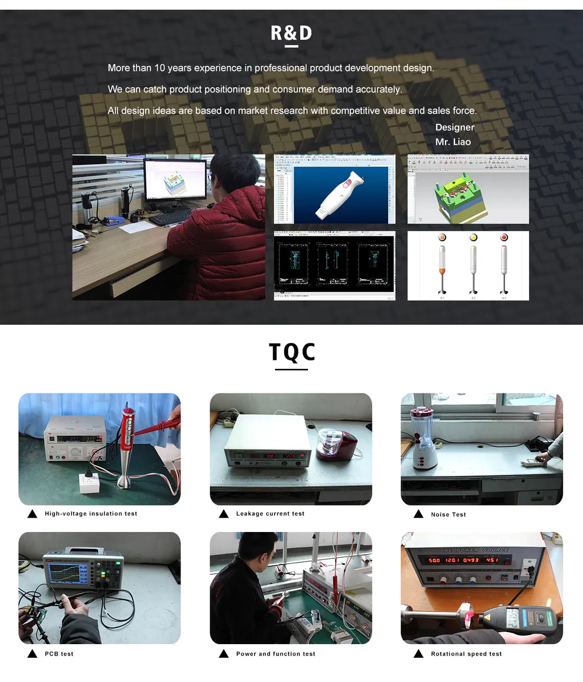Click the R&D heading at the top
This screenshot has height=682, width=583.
click(291, 34)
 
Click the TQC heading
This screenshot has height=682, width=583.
click(291, 352)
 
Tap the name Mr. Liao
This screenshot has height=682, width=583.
click(453, 142)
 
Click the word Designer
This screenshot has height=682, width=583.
click(454, 127)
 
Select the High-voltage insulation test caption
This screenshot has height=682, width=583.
click(91, 514)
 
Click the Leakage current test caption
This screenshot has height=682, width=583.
click(270, 514)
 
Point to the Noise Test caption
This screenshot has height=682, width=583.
click(448, 515)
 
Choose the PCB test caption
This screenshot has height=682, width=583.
click(59, 654)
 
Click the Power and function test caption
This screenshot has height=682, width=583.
click(276, 654)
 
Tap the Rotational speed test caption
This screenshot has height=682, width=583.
click(466, 654)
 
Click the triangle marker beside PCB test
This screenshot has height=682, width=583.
click(32, 653)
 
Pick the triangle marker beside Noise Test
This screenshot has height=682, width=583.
click(419, 514)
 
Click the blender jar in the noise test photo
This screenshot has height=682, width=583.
click(422, 425)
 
